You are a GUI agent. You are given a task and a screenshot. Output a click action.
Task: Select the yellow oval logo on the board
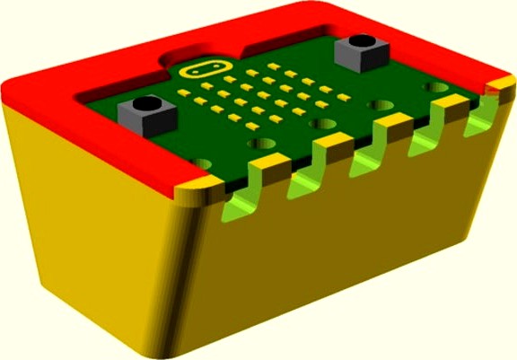click(201, 68)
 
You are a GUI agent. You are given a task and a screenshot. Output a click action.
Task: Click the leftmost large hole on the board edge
click(201, 165)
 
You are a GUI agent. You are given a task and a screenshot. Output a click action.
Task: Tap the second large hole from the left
click(261, 143)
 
